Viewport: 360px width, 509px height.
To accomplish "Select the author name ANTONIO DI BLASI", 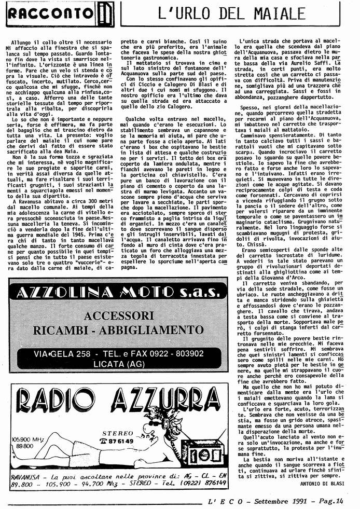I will coord(322,483).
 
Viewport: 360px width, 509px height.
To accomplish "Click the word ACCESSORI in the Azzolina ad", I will coord(119,316).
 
